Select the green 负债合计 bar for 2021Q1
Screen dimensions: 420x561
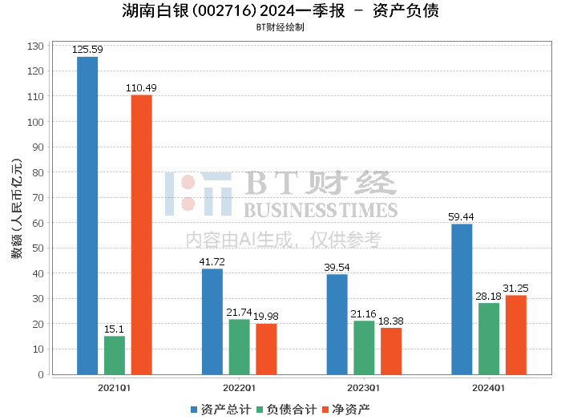click(115, 355)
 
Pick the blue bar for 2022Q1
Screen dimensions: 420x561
click(212, 321)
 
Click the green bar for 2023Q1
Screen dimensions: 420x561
click(364, 347)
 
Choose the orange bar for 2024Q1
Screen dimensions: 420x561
click(516, 334)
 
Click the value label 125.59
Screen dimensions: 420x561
click(87, 50)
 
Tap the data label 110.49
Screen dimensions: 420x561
click(142, 87)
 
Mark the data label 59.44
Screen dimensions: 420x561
click(462, 216)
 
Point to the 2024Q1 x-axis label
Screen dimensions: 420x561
click(489, 388)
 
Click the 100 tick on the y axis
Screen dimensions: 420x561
click(34, 122)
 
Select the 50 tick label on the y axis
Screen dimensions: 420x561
click(37, 248)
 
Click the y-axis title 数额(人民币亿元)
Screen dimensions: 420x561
click(16, 210)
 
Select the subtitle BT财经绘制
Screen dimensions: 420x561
click(280, 26)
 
